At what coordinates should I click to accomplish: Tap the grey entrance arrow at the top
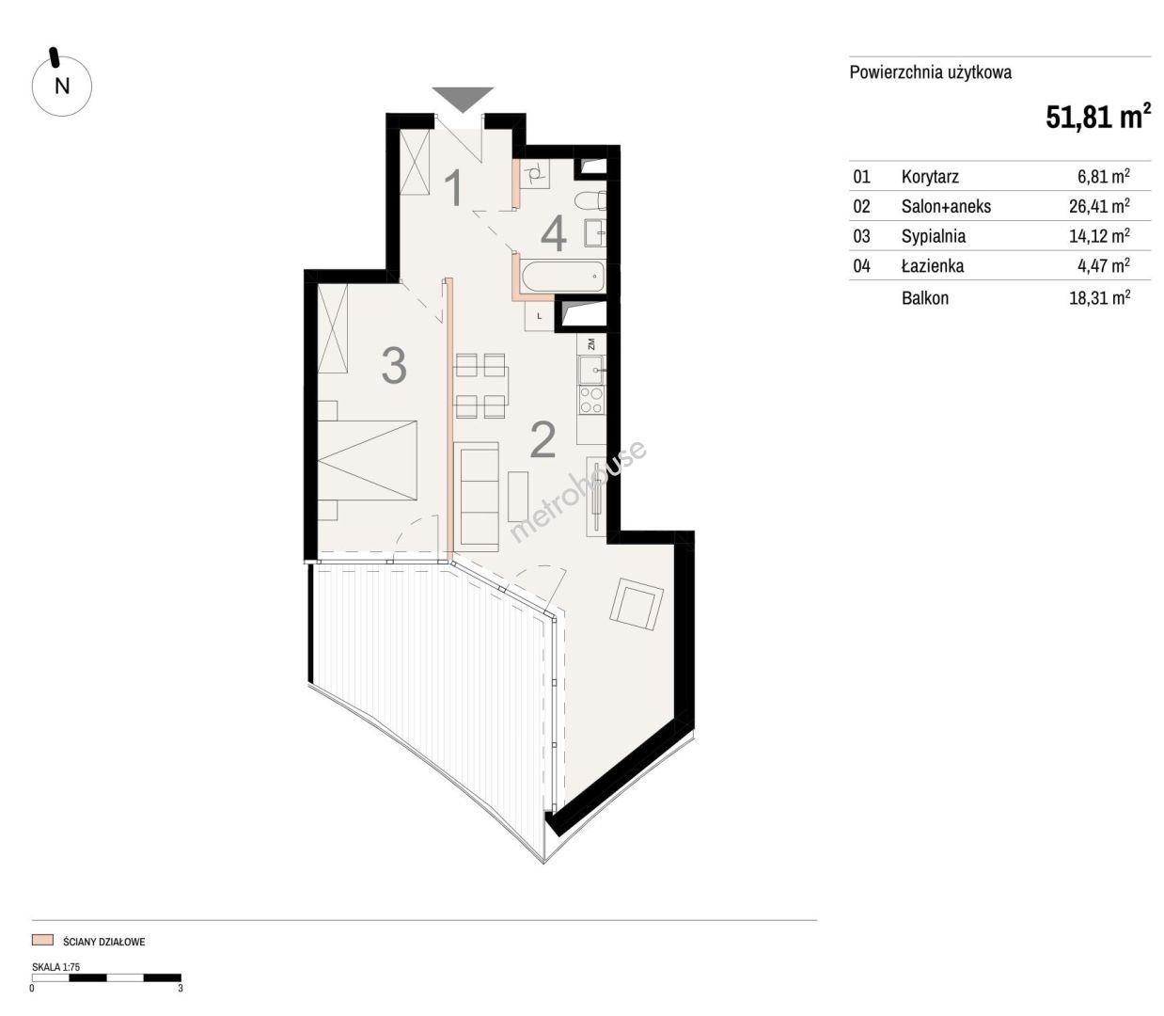pyautogui.click(x=463, y=99)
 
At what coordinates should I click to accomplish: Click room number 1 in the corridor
pyautogui.click(x=453, y=188)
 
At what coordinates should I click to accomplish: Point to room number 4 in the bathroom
pyautogui.click(x=554, y=234)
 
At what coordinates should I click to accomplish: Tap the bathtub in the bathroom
pyautogui.click(x=562, y=277)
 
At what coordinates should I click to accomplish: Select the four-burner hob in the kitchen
pyautogui.click(x=591, y=400)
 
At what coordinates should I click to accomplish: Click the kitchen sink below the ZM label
pyautogui.click(x=591, y=370)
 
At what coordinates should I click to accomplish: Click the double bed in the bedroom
pyautogui.click(x=368, y=461)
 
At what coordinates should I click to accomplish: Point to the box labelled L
pyautogui.click(x=539, y=316)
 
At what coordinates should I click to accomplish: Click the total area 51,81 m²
pyautogui.click(x=1098, y=118)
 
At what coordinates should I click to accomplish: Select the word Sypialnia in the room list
pyautogui.click(x=933, y=236)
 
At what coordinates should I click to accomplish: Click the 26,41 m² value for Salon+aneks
pyautogui.click(x=1099, y=205)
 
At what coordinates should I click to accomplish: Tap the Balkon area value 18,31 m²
pyautogui.click(x=1099, y=297)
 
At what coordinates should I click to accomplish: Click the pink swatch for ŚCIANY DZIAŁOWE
pyautogui.click(x=42, y=940)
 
